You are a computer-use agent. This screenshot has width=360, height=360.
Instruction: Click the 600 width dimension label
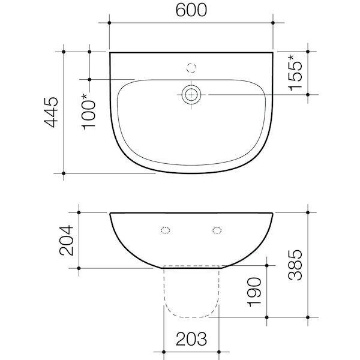point(191,11)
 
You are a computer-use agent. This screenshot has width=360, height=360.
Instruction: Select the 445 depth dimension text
point(53,112)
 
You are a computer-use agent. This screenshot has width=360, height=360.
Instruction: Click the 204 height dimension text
point(67,239)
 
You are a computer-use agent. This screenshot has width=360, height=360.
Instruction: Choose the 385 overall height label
point(296,265)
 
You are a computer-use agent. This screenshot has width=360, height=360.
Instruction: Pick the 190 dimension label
point(258,292)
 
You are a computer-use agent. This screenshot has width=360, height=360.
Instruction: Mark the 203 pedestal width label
point(192,340)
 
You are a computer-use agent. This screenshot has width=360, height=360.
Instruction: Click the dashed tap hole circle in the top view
point(192,66)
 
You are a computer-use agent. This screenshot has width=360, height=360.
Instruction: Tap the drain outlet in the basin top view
point(192,94)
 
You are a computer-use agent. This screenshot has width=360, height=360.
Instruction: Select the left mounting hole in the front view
point(166,229)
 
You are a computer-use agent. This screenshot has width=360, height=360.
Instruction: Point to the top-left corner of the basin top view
point(110,53)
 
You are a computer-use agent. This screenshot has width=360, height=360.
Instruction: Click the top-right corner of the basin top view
point(274,53)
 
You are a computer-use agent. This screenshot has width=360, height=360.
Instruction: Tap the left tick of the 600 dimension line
point(109,23)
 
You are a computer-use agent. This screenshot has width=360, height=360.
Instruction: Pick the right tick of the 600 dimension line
point(274,23)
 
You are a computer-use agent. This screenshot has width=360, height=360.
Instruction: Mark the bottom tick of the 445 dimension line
point(65,173)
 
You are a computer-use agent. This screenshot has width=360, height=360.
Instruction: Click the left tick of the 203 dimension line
point(165,352)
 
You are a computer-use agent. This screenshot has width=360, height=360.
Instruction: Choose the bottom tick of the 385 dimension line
point(308,316)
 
